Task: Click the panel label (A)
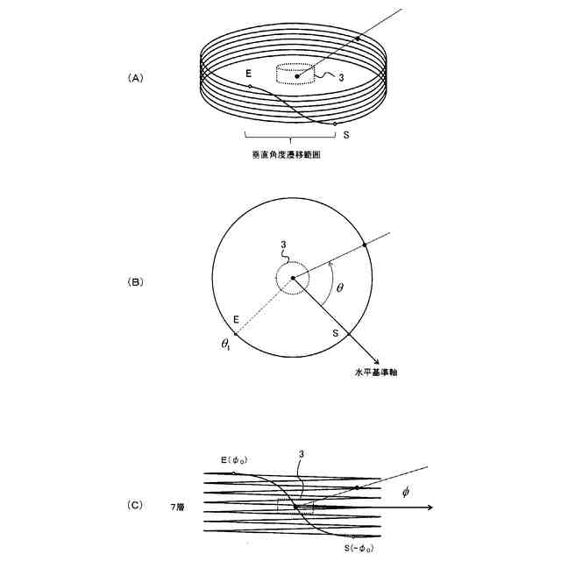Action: coord(135,78)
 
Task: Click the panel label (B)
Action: coord(135,282)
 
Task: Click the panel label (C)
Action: coord(135,506)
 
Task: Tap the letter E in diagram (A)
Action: coord(250,72)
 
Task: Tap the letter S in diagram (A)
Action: coord(346,134)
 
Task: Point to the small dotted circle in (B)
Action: coord(293,280)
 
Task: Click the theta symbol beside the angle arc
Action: coord(340,287)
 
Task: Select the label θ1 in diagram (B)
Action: coord(226,344)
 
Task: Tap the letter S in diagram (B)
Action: coord(335,334)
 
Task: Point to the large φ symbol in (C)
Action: coord(405,492)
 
